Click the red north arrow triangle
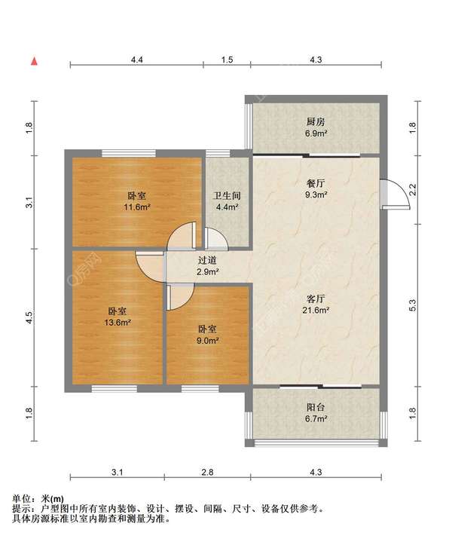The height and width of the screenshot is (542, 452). [x=34, y=62]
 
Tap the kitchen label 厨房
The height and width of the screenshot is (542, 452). [x=316, y=121]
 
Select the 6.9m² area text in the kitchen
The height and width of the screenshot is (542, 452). [x=316, y=133]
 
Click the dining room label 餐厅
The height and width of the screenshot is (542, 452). [x=316, y=183]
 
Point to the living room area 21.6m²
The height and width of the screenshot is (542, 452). [x=316, y=310]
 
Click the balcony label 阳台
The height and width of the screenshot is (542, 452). [x=316, y=407]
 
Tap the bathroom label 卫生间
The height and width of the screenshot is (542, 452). [x=227, y=196]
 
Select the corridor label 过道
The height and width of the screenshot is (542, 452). [x=207, y=260]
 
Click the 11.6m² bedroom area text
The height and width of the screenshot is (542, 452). [x=137, y=207]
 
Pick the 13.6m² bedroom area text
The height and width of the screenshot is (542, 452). [x=118, y=323]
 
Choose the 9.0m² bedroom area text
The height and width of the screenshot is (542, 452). [x=207, y=341]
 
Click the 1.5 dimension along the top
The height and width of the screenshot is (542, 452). [x=227, y=60]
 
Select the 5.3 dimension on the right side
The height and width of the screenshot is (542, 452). [x=413, y=305]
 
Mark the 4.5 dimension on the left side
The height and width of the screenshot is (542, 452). [x=29, y=317]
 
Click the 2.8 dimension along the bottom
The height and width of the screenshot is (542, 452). [x=207, y=472]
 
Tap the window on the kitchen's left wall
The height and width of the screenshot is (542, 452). [x=249, y=126]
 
